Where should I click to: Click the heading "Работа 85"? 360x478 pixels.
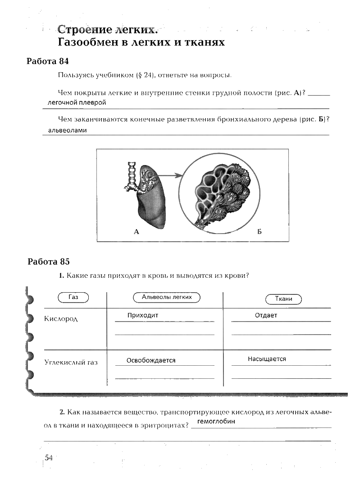pyautogui.click(x=49, y=262)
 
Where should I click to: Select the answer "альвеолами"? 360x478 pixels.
pyautogui.click(x=67, y=130)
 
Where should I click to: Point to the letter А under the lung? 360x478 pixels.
pyautogui.click(x=136, y=232)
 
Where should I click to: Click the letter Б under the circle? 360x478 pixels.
pyautogui.click(x=259, y=232)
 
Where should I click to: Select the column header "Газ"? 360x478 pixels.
pyautogui.click(x=73, y=298)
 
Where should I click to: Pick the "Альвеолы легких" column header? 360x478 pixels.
pyautogui.click(x=167, y=297)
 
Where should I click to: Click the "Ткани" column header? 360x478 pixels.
pyautogui.click(x=283, y=299)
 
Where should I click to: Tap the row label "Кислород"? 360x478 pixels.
pyautogui.click(x=61, y=319)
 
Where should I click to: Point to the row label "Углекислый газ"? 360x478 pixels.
pyautogui.click(x=71, y=362)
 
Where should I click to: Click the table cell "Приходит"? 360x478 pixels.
pyautogui.click(x=143, y=315)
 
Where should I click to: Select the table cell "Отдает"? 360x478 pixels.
pyautogui.click(x=266, y=315)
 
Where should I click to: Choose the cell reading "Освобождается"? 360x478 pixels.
pyautogui.click(x=151, y=360)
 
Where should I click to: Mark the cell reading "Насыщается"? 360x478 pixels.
pyautogui.click(x=267, y=359)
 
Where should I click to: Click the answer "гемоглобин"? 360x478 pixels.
pyautogui.click(x=216, y=421)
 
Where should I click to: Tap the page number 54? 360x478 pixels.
pyautogui.click(x=49, y=458)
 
